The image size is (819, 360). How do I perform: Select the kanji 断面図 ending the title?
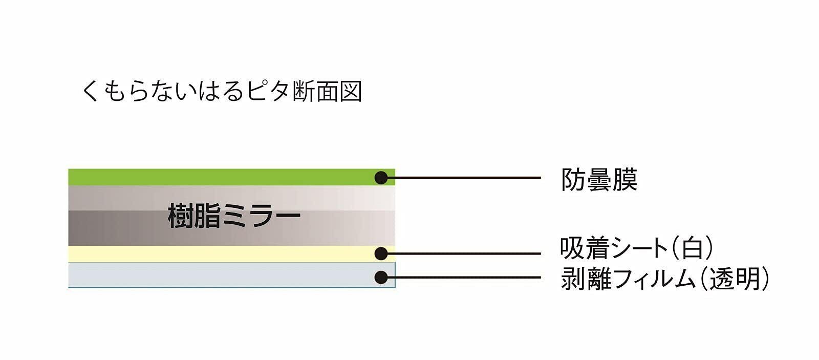[x=328, y=92]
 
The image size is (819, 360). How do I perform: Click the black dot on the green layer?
[x=381, y=178]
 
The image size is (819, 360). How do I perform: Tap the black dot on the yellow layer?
[x=381, y=253]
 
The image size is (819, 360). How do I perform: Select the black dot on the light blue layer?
[x=381, y=277]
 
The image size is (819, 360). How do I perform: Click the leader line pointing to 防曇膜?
[x=466, y=178]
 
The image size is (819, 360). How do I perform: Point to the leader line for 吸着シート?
[x=466, y=253]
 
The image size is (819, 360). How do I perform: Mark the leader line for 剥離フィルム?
[x=466, y=277]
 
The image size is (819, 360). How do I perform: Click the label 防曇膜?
[x=599, y=180]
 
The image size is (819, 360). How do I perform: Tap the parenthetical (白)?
[x=692, y=248]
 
